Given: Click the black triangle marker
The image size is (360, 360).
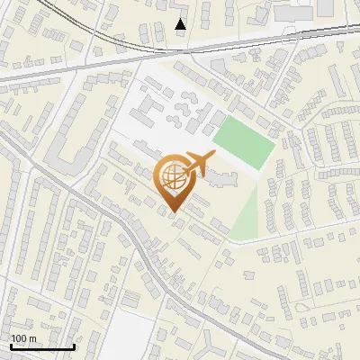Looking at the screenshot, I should (x=181, y=24).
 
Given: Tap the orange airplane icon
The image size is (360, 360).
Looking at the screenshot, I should (x=195, y=165).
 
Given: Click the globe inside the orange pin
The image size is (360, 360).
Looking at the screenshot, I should (x=172, y=177).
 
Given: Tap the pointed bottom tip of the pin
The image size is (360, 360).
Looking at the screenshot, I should (x=172, y=213).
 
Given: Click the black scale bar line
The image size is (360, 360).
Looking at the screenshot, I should (x=41, y=347).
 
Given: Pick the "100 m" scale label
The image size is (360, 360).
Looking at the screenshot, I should (x=23, y=338).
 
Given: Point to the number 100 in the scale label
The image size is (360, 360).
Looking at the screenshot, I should (x=19, y=338).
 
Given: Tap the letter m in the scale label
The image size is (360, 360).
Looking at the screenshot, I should (x=32, y=338).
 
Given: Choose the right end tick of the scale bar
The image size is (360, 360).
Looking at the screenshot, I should (x=74, y=346).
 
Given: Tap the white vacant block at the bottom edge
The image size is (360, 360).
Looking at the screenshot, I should (x=135, y=337).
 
